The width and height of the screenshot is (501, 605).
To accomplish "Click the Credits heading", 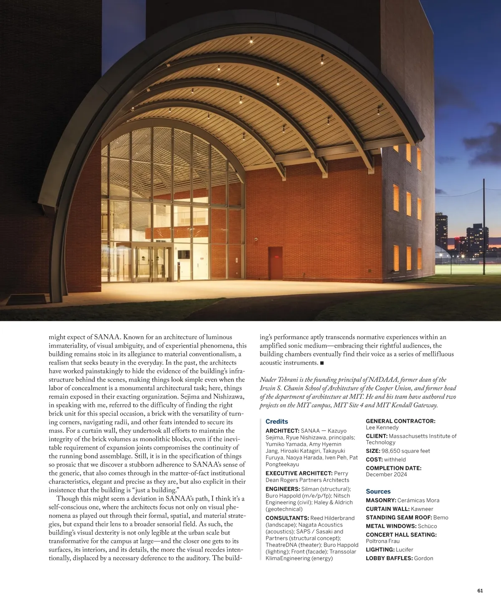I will click(x=276, y=422).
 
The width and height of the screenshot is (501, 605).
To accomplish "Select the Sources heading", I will click(x=378, y=491).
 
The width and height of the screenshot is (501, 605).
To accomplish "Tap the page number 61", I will click(x=480, y=590).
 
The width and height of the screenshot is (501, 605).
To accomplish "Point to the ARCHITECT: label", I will click(x=282, y=431).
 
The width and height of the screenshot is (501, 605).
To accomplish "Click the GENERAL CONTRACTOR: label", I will click(x=400, y=421).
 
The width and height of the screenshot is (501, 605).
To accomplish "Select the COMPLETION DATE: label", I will click(x=393, y=468).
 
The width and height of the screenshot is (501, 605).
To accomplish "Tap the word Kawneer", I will click(x=422, y=509).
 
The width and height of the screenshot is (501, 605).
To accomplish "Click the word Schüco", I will click(x=427, y=526).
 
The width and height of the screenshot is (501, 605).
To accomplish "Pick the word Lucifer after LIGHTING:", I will click(x=404, y=550).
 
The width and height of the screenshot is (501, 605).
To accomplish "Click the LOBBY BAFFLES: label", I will click(x=389, y=558).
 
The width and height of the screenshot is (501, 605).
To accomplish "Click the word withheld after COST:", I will click(x=395, y=460).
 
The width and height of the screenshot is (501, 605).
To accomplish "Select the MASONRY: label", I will click(x=381, y=500).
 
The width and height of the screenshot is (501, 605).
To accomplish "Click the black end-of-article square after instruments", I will click(x=322, y=363).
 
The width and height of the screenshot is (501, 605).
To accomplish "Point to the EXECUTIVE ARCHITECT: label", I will click(x=299, y=473).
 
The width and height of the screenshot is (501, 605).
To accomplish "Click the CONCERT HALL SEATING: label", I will click(x=401, y=534).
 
